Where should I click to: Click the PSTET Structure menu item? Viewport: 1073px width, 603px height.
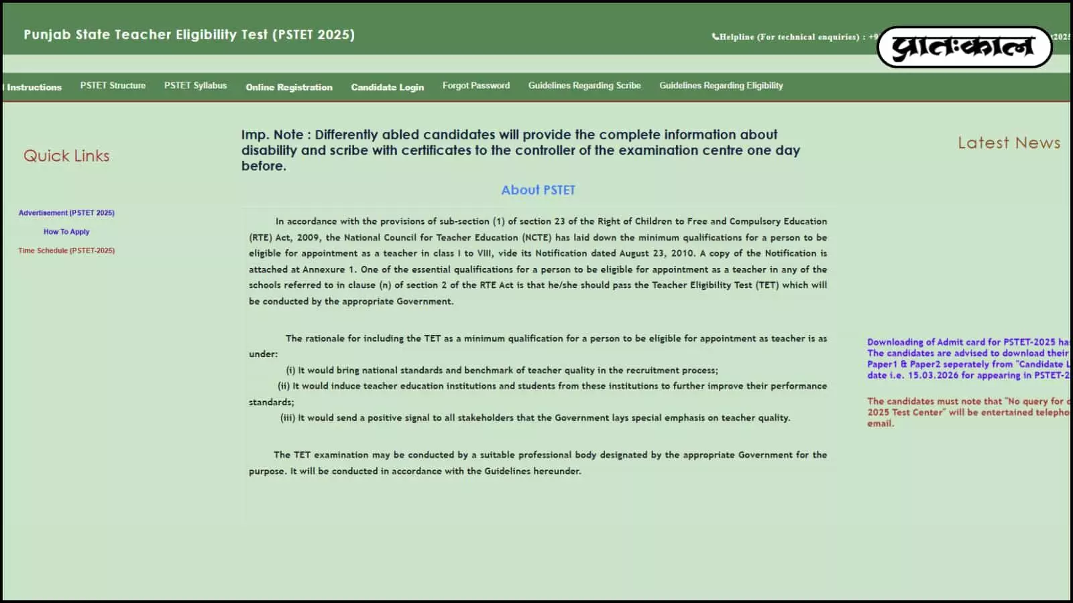pyautogui.click(x=113, y=86)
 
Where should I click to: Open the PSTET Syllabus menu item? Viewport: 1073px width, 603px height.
pyautogui.click(x=195, y=86)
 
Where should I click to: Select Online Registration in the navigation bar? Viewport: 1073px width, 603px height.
pyautogui.click(x=289, y=87)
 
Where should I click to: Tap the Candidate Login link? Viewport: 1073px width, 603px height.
pyautogui.click(x=387, y=87)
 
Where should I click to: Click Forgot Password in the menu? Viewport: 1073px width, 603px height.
pyautogui.click(x=475, y=86)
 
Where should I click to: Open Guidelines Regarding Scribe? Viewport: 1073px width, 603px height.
pyautogui.click(x=584, y=86)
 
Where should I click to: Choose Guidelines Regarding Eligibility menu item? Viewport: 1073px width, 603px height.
pyautogui.click(x=721, y=86)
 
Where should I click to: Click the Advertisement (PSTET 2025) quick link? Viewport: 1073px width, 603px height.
pyautogui.click(x=66, y=213)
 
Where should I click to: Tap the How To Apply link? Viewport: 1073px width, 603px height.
pyautogui.click(x=66, y=232)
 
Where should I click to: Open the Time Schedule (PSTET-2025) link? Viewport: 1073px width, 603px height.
pyautogui.click(x=66, y=251)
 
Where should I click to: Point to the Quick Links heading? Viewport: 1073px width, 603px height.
pyautogui.click(x=66, y=156)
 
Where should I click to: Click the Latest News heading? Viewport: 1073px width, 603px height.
pyautogui.click(x=1009, y=143)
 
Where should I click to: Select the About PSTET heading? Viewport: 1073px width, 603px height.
pyautogui.click(x=538, y=190)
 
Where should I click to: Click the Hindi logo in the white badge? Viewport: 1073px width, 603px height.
pyautogui.click(x=964, y=47)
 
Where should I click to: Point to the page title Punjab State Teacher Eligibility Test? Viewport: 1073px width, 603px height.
pyautogui.click(x=189, y=35)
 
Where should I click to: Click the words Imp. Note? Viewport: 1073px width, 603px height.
pyautogui.click(x=272, y=135)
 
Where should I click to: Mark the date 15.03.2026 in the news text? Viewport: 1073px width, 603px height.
pyautogui.click(x=933, y=375)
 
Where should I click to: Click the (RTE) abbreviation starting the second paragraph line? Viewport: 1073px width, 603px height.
pyautogui.click(x=260, y=237)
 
